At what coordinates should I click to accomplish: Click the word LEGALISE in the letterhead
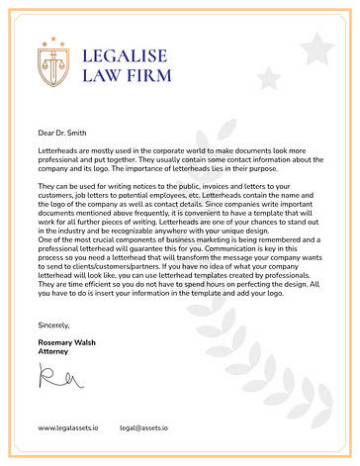tap(126, 55)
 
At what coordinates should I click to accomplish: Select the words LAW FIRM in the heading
tap(126, 75)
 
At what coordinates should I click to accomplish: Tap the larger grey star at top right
tap(316, 47)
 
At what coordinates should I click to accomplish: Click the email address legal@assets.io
tap(143, 427)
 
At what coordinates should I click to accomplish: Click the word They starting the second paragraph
tap(46, 185)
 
